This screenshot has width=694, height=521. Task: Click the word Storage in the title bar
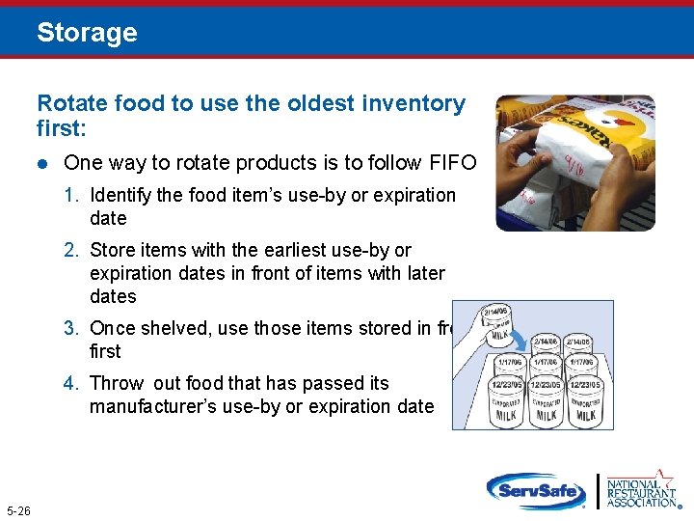pyautogui.click(x=87, y=33)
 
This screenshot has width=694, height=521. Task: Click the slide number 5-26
pyautogui.click(x=18, y=510)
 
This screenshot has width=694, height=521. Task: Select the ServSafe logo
pyautogui.click(x=536, y=490)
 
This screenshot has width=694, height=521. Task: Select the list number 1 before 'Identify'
pyautogui.click(x=70, y=196)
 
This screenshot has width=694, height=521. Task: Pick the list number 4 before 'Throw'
pyautogui.click(x=70, y=384)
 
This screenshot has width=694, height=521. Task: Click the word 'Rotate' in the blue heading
pyautogui.click(x=67, y=103)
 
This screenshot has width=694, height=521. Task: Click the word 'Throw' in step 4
pyautogui.click(x=116, y=384)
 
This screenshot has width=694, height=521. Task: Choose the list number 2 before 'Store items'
pyautogui.click(x=70, y=251)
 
